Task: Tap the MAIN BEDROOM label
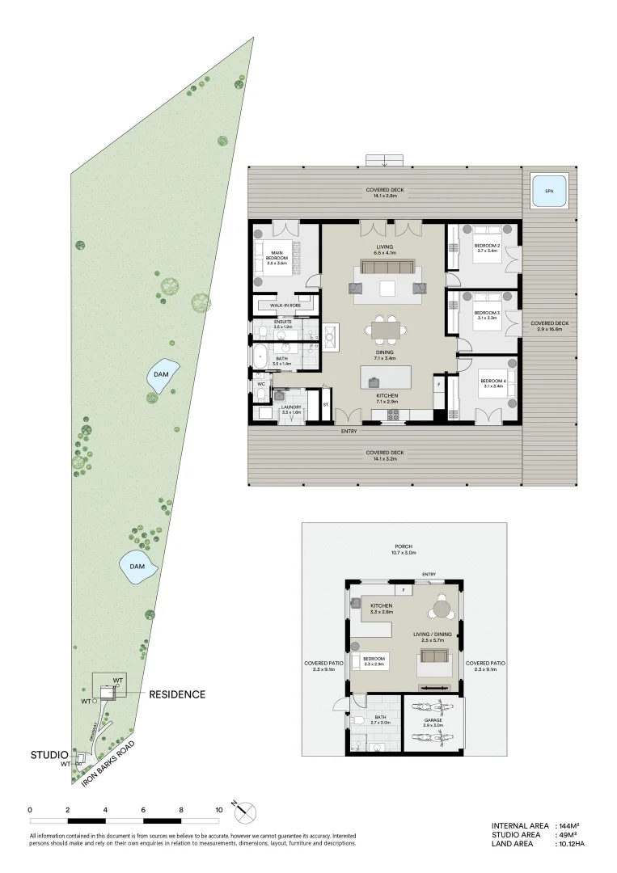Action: click(277, 256)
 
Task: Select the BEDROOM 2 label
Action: click(487, 248)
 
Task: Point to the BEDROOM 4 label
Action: click(492, 383)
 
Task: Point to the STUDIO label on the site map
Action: click(49, 755)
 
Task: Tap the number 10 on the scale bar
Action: click(218, 809)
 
